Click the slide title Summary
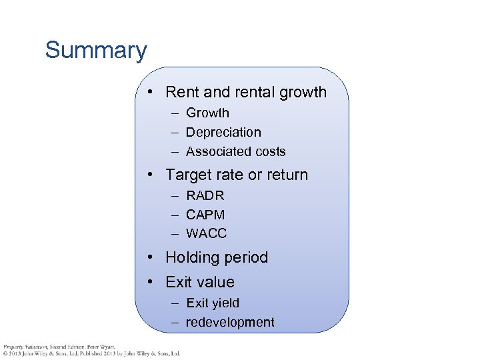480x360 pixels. click(96, 51)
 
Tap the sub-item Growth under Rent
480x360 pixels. click(207, 113)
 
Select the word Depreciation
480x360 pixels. click(223, 133)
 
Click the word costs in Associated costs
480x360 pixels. click(269, 152)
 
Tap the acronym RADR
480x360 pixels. click(205, 196)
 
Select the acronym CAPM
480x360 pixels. click(205, 215)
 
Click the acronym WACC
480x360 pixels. click(207, 233)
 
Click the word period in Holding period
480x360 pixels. click(247, 258)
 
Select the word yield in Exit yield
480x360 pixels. click(226, 303)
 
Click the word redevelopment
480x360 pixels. click(230, 323)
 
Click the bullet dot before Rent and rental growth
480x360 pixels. click(152, 92)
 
